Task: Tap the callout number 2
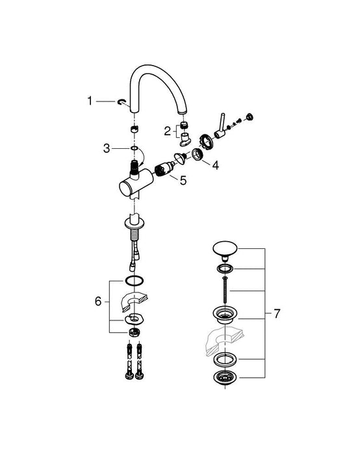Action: [x=167, y=130]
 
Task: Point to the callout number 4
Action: [x=215, y=165]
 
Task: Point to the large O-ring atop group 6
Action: [x=133, y=280]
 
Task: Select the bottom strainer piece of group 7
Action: [x=225, y=380]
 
